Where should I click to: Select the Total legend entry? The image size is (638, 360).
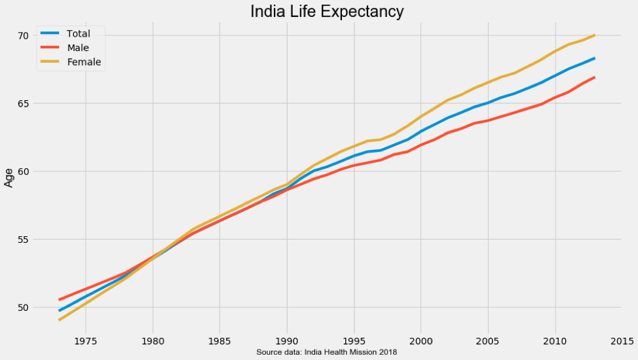83,33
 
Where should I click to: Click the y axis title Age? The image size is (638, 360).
9,177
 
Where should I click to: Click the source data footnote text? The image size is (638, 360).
326,352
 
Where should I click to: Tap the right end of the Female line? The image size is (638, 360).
594,35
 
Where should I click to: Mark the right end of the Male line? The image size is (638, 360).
594,77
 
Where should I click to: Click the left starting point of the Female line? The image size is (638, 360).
59,320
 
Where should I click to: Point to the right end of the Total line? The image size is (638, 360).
594,58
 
